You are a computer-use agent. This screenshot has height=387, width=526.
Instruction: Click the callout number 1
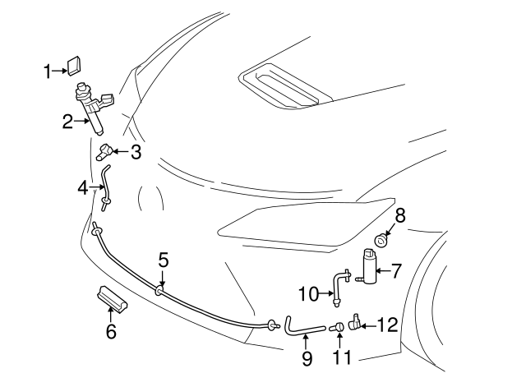click(x=48, y=71)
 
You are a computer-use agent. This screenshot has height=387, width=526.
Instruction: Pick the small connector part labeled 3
click(x=104, y=151)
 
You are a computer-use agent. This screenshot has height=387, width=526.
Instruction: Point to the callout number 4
click(x=82, y=189)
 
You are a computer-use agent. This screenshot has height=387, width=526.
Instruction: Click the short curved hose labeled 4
click(x=105, y=185)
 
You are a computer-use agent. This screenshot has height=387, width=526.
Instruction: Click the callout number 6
click(x=111, y=331)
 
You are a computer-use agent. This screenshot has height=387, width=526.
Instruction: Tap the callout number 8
click(x=400, y=216)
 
